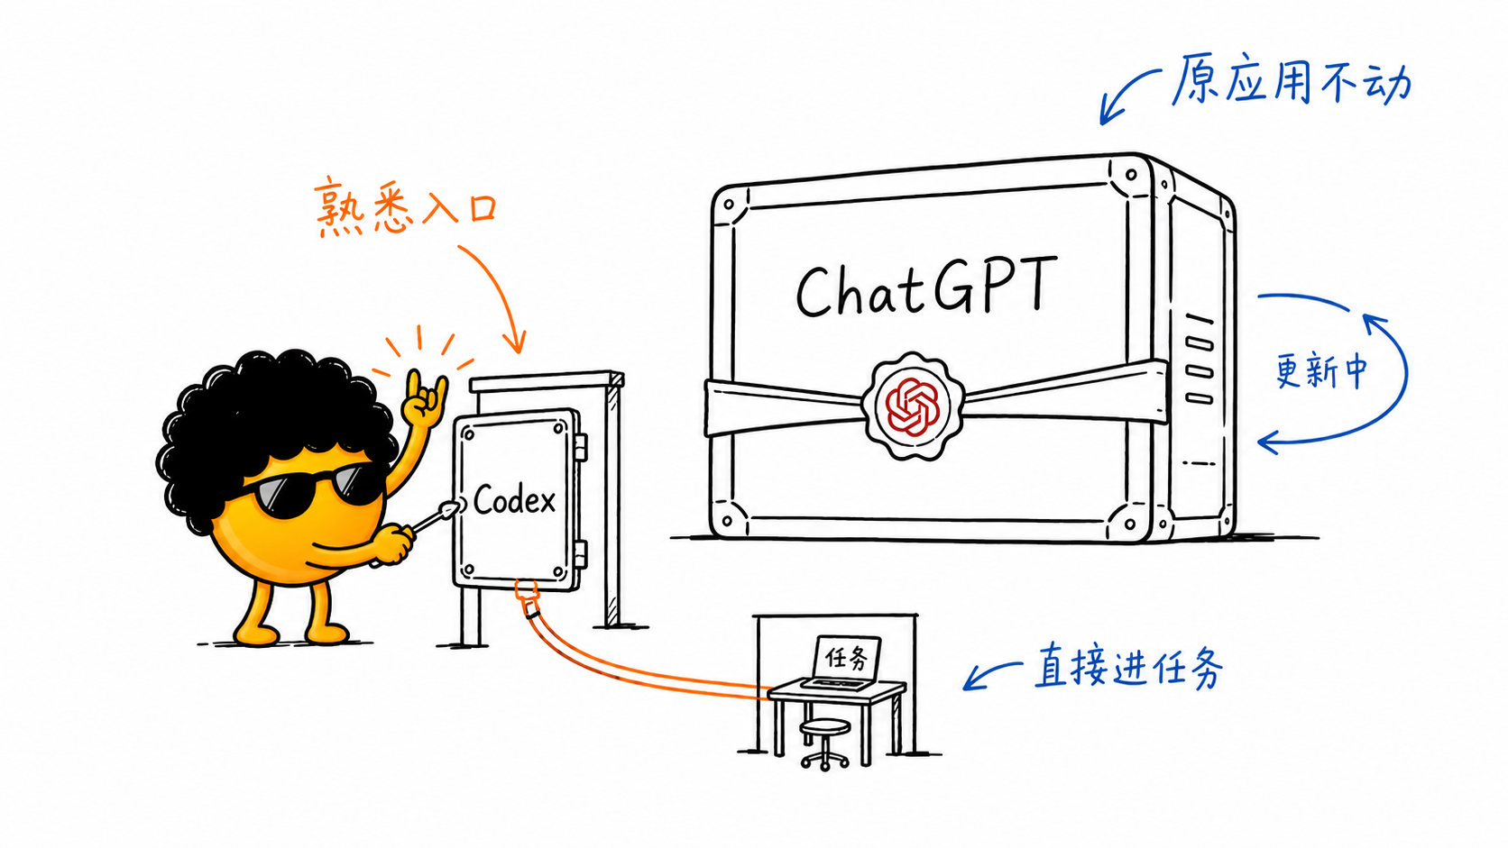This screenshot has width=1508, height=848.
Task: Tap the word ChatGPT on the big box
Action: (926, 287)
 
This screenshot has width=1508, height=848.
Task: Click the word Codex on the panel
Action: (514, 499)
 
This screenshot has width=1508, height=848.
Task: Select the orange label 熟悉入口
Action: (406, 206)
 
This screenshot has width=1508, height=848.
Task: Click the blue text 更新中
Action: (1321, 370)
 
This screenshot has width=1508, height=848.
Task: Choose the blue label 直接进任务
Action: (1128, 665)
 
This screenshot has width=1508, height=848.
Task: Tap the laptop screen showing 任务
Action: (847, 657)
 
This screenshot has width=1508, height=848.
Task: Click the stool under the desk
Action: (824, 743)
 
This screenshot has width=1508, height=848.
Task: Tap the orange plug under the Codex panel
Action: (527, 598)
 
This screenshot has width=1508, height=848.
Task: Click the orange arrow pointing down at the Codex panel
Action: (501, 290)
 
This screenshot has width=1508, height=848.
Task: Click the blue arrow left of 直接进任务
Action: (989, 674)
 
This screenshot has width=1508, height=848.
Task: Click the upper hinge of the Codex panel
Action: (580, 447)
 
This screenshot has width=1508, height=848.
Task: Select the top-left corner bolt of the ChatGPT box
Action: (729, 204)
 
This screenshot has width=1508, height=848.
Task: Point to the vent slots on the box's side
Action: (1200, 359)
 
